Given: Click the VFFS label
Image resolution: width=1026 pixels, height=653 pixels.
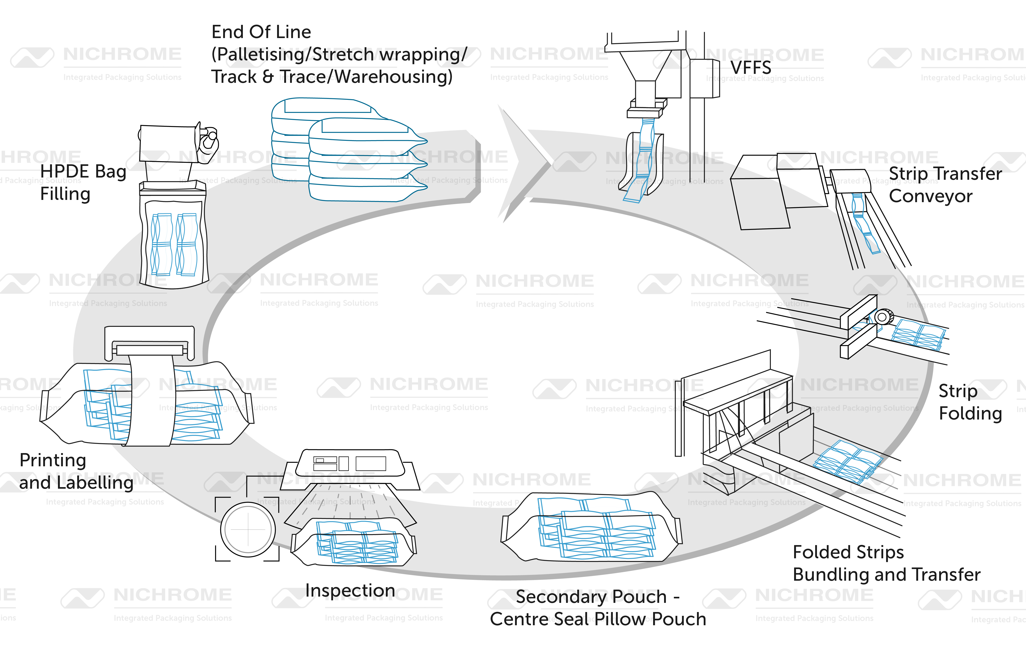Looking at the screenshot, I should pyautogui.click(x=751, y=67).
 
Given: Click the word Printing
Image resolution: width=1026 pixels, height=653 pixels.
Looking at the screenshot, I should pyautogui.click(x=53, y=460).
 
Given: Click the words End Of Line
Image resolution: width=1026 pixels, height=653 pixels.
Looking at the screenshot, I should pyautogui.click(x=261, y=32).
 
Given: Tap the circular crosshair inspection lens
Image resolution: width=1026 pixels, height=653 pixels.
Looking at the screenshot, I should pyautogui.click(x=248, y=530).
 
